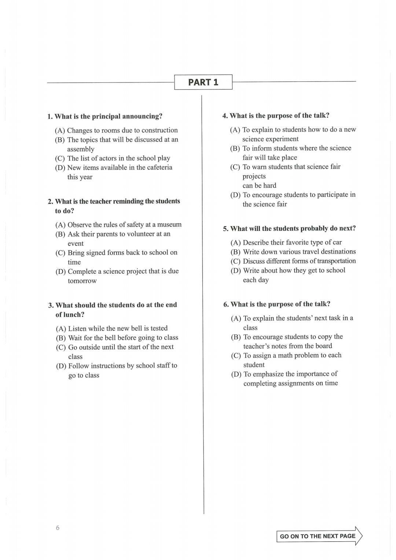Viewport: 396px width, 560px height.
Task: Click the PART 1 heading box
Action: click(203, 82)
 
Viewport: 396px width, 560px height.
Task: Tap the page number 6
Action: click(58, 528)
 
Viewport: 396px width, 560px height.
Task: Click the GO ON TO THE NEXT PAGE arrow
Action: click(319, 536)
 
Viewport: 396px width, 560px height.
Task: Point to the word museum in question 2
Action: click(169, 225)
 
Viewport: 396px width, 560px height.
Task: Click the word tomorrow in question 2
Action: click(82, 281)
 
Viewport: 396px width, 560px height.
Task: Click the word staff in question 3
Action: click(161, 366)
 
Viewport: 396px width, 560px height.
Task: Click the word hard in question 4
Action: click(270, 185)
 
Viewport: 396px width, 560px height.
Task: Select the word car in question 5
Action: click(337, 243)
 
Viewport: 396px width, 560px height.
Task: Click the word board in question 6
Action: click(323, 346)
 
